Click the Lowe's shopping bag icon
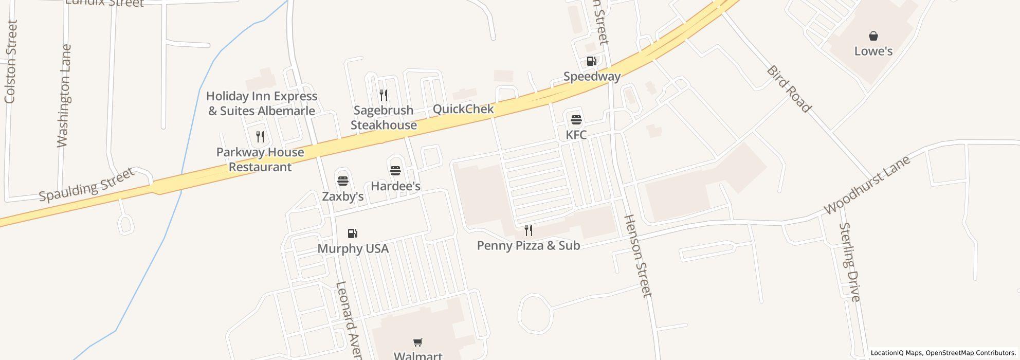[x=873, y=36]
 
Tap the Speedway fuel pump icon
[x=591, y=62]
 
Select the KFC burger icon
[x=576, y=120]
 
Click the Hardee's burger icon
[x=395, y=171]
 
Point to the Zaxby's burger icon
[x=343, y=181]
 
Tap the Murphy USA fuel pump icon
[x=353, y=233]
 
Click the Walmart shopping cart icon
[x=418, y=342]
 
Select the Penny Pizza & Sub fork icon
[x=528, y=230]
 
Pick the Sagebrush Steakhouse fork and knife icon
[x=383, y=95]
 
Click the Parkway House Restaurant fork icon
[x=260, y=137]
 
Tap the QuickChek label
[x=463, y=109]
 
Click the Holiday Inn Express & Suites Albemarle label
[x=262, y=103]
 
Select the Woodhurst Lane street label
[x=867, y=185]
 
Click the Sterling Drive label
[x=849, y=262]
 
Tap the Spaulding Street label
[x=86, y=185]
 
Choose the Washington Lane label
[x=64, y=96]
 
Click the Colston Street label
[x=11, y=62]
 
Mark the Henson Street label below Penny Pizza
[x=637, y=256]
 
